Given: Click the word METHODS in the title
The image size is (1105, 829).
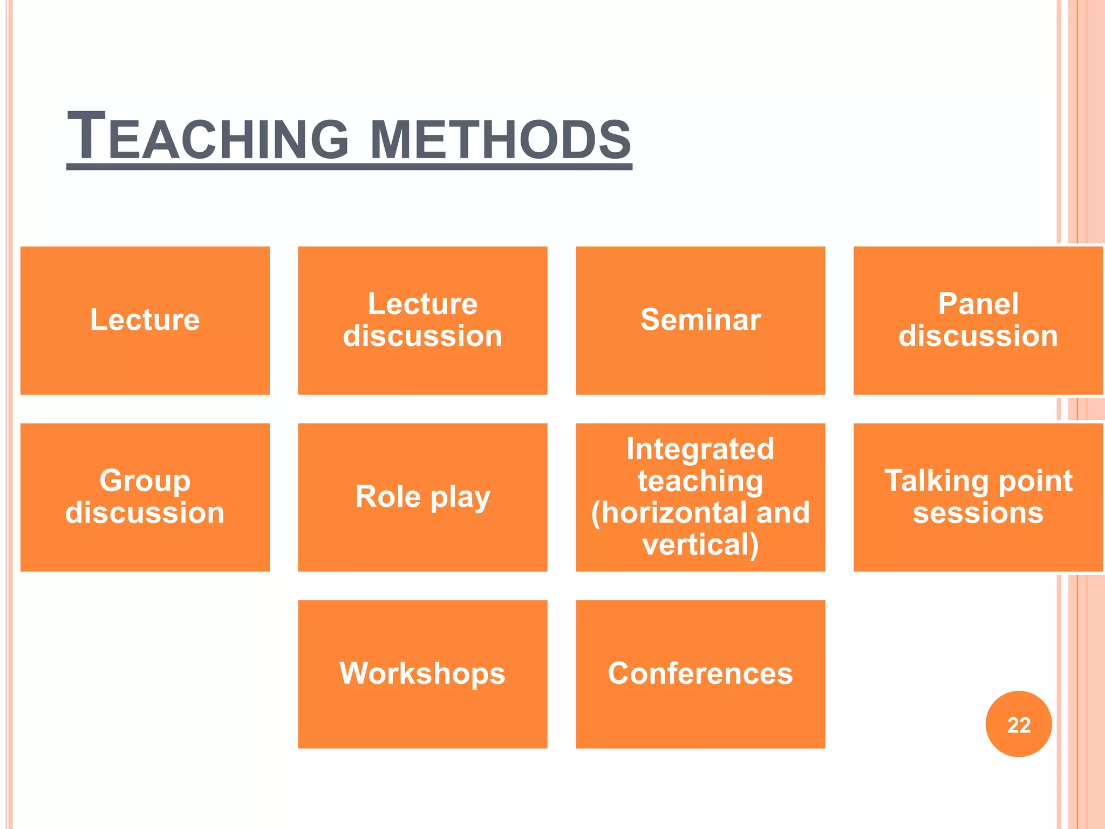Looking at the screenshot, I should click(500, 139).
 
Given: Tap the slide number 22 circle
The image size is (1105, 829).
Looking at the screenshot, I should click(1018, 724).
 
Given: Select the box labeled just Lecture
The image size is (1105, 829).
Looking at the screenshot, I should click(145, 320).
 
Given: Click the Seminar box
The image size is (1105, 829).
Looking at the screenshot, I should click(700, 320).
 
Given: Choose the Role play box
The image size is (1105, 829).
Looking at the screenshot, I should click(422, 497).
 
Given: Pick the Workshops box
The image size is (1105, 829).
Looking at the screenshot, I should click(422, 674).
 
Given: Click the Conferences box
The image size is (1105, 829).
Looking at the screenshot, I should click(700, 674).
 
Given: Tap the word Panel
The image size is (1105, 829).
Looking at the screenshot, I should click(978, 304).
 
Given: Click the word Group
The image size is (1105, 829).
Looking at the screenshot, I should click(145, 480).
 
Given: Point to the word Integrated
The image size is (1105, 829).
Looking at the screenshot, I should click(700, 449).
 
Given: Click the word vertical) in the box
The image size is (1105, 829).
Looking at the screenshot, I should click(700, 545).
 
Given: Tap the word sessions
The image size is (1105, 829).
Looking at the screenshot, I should click(978, 513).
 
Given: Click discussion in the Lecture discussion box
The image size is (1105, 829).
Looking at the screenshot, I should click(422, 336).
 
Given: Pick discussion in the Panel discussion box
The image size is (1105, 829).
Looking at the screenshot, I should click(978, 336).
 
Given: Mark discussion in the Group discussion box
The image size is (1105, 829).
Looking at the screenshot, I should click(145, 513).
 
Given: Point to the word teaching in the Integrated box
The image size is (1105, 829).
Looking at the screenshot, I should click(700, 481).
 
